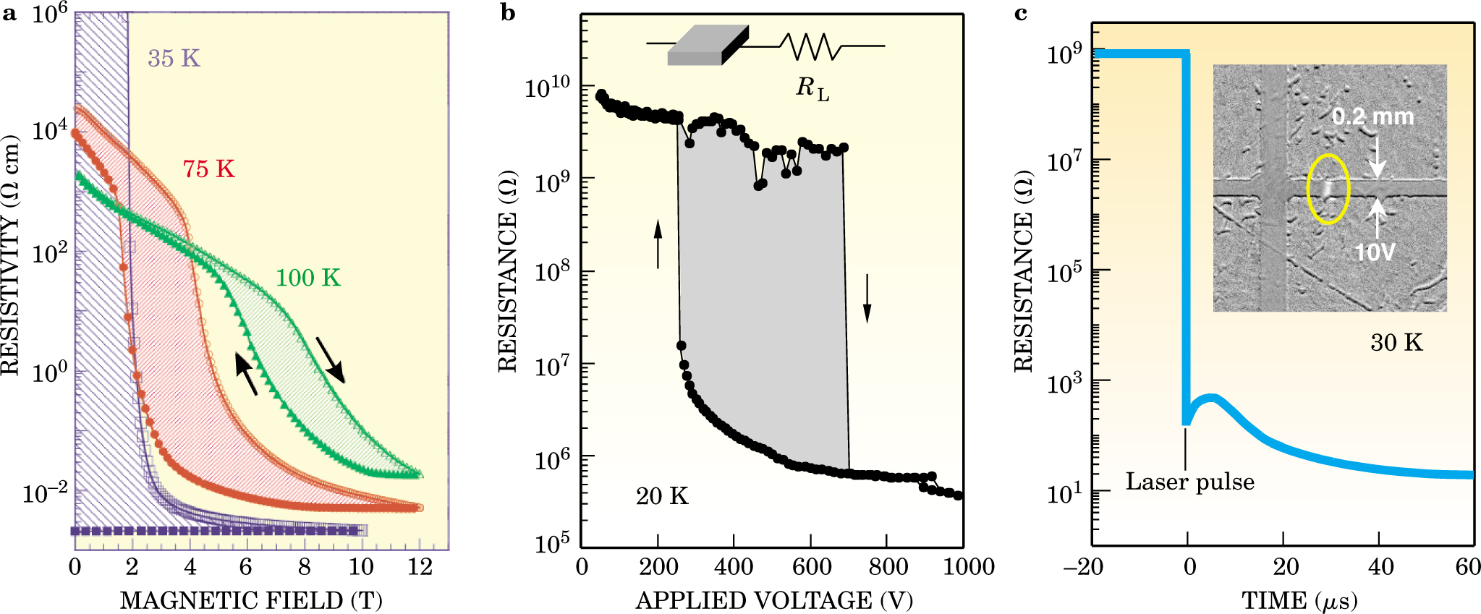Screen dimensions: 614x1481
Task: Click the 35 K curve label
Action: (174, 59)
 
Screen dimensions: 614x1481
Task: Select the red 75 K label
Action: (208, 169)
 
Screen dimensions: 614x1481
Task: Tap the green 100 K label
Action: (307, 278)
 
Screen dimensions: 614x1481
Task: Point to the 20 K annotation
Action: (662, 496)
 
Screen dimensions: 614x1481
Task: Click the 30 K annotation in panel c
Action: (1396, 342)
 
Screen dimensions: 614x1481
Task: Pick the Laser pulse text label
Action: (1189, 482)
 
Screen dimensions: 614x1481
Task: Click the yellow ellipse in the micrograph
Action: (1328, 189)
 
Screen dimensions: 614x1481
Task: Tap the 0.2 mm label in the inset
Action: (1372, 116)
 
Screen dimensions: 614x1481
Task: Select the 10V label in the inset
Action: (1374, 252)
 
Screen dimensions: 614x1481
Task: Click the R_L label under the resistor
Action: (812, 88)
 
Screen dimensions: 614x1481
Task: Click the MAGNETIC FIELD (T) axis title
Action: (250, 600)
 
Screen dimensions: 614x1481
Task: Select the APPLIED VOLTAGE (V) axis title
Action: (773, 600)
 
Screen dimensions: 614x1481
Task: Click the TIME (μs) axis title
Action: (1299, 600)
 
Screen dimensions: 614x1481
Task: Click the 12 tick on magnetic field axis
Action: (420, 566)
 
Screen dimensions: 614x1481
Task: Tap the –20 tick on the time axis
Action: (1083, 566)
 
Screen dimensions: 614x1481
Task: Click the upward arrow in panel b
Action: (658, 244)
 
